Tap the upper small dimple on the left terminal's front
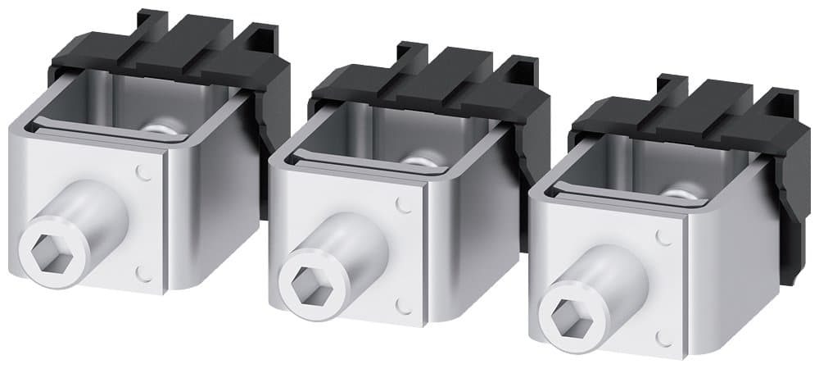coord(144,172)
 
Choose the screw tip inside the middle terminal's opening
coord(422,161)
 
